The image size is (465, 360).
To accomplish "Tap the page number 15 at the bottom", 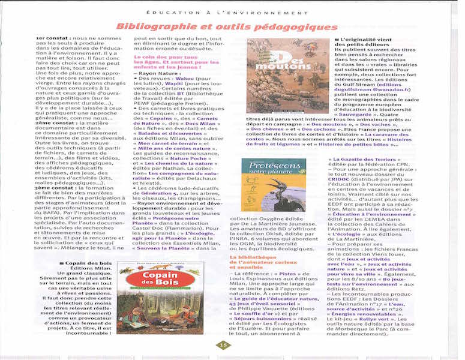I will point(223,344).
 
